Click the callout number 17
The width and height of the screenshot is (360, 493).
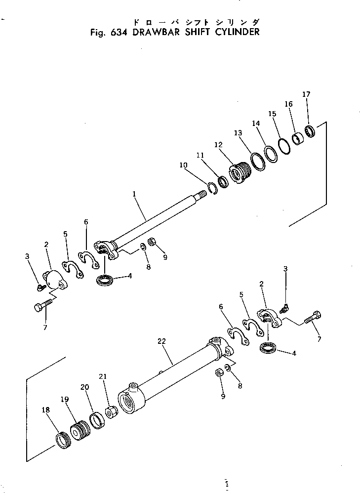tap(306, 94)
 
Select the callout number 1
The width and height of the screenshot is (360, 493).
tap(134, 195)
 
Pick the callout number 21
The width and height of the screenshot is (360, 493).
tap(102, 377)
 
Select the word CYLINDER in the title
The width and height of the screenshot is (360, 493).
tap(235, 33)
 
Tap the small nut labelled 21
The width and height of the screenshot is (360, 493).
tap(111, 411)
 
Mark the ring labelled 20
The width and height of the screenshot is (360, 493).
tap(97, 420)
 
